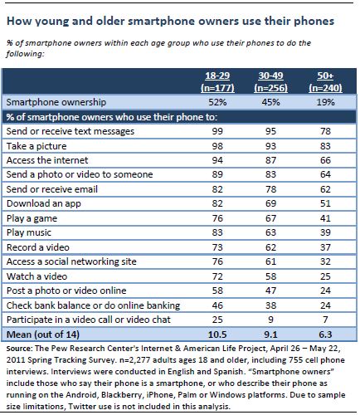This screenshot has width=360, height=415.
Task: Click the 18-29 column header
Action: tap(217, 81)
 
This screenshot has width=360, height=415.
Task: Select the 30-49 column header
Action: tap(270, 81)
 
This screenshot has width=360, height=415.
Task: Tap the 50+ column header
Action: tap(325, 81)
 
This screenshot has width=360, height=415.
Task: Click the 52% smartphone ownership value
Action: tap(217, 102)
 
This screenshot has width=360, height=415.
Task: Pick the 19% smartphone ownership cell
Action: tap(325, 102)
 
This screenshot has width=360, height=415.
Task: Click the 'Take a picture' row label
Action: tap(36, 146)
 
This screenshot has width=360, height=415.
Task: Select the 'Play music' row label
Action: tap(29, 232)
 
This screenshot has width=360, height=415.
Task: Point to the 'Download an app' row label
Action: tap(44, 203)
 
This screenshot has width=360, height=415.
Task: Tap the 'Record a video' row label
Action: tap(38, 247)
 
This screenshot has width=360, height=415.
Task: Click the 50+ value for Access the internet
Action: tap(325, 160)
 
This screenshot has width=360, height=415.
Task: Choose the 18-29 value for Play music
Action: tap(217, 232)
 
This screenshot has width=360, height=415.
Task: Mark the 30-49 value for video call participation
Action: tap(270, 320)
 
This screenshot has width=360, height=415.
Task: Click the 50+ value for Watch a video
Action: tap(325, 276)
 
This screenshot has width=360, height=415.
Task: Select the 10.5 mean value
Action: tap(217, 334)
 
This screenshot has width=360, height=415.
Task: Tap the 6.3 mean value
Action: tap(325, 334)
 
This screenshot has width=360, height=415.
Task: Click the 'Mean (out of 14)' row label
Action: tap(43, 334)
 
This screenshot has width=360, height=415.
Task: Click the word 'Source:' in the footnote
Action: tap(19, 349)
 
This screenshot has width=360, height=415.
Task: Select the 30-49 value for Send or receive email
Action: tap(270, 189)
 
